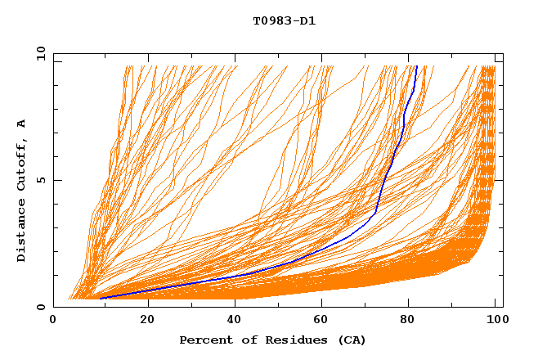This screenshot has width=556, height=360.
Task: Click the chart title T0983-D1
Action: coord(284,21)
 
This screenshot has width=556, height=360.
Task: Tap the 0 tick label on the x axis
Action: coord(53,321)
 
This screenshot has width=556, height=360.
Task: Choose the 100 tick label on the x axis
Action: coord(495,321)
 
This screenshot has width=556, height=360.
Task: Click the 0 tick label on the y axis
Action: coord(42,308)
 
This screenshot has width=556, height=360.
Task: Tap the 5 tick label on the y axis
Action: coord(42,180)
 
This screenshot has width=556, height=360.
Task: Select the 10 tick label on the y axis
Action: coord(39,53)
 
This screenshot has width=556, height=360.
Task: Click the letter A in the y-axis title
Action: coord(22,124)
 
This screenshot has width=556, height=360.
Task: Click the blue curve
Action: coord(378,205)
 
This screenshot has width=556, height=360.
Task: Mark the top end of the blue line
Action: coord(416,66)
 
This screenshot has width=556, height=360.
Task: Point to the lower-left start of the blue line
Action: coord(101,298)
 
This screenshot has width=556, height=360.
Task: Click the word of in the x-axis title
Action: coord(246,340)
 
